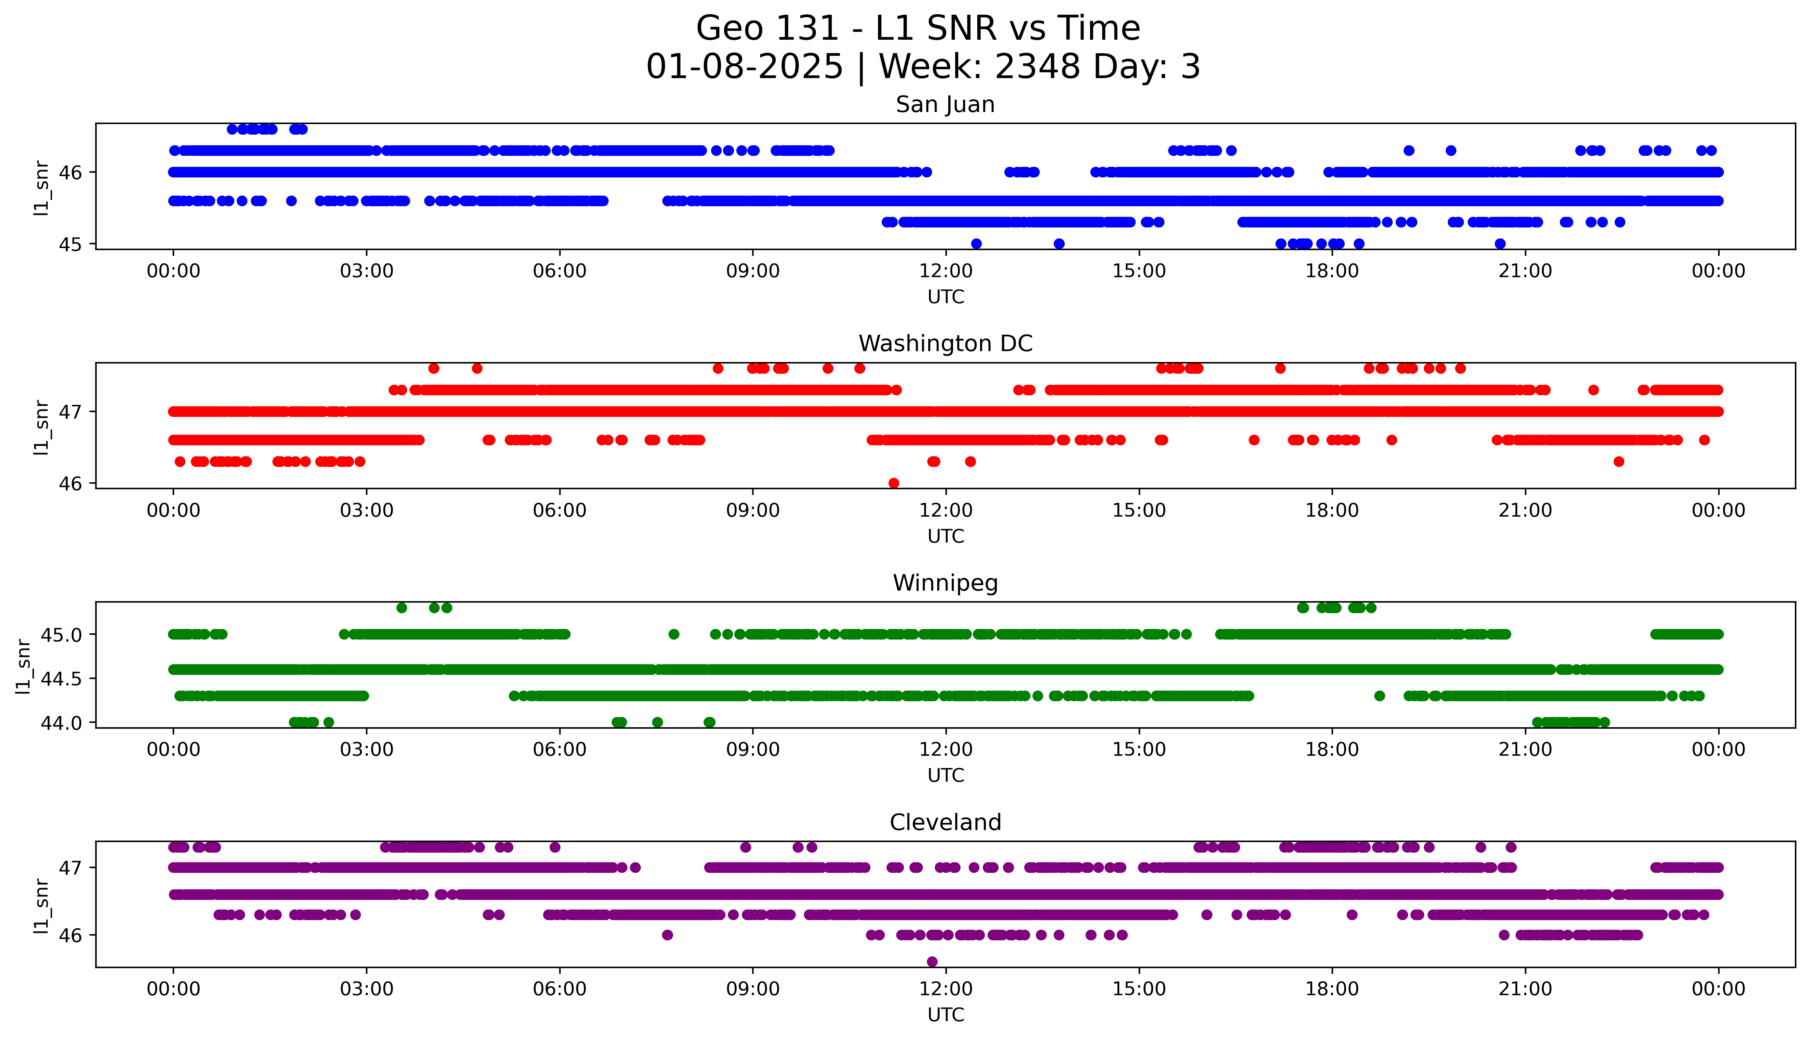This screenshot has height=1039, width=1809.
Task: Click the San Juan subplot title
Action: tap(945, 105)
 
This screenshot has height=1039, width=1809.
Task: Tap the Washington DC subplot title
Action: tap(945, 344)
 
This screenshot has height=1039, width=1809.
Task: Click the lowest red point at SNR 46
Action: tap(893, 483)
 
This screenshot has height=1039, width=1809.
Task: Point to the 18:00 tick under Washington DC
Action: tap(1332, 510)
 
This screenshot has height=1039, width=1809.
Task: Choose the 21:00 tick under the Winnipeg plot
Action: tap(1525, 749)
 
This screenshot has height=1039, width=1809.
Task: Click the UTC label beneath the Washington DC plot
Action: tap(945, 536)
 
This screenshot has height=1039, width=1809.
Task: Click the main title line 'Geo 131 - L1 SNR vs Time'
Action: tap(918, 28)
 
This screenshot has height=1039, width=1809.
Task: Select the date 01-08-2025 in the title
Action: tap(744, 66)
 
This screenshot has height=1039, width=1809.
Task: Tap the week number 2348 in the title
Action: tap(1038, 66)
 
